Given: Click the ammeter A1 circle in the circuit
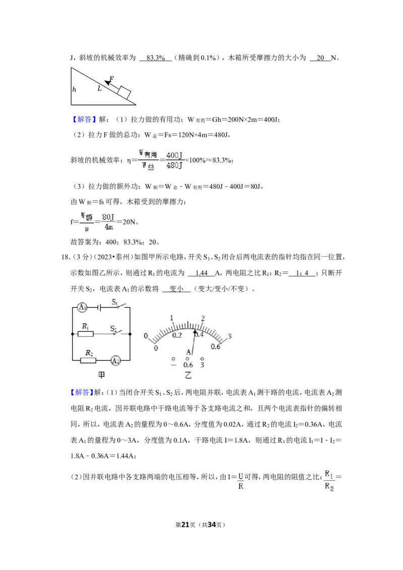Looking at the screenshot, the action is [x=83, y=307].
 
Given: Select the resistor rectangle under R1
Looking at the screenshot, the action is [x=86, y=334].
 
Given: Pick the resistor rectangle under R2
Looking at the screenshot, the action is [x=88, y=360].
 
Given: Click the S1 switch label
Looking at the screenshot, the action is [x=115, y=301].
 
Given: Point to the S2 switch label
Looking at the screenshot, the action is [x=113, y=329].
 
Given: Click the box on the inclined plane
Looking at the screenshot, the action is [x=123, y=92].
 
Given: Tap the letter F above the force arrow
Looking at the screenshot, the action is [x=111, y=79].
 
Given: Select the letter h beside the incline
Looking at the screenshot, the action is [x=74, y=89].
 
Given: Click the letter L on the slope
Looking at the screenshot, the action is [x=99, y=88].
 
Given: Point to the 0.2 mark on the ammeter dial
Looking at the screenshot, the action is [x=177, y=335].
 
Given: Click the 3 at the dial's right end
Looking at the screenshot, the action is [x=230, y=336].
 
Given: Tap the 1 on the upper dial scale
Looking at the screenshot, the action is [x=172, y=318].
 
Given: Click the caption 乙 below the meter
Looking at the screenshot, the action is [x=188, y=375].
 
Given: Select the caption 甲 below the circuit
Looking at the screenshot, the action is [x=101, y=375].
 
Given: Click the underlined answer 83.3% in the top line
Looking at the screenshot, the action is [x=156, y=58].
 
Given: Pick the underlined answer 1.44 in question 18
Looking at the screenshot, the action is [x=201, y=273].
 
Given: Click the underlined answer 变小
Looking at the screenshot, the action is [x=176, y=289].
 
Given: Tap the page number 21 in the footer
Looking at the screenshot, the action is [x=185, y=525].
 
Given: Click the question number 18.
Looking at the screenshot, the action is [x=65, y=257].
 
